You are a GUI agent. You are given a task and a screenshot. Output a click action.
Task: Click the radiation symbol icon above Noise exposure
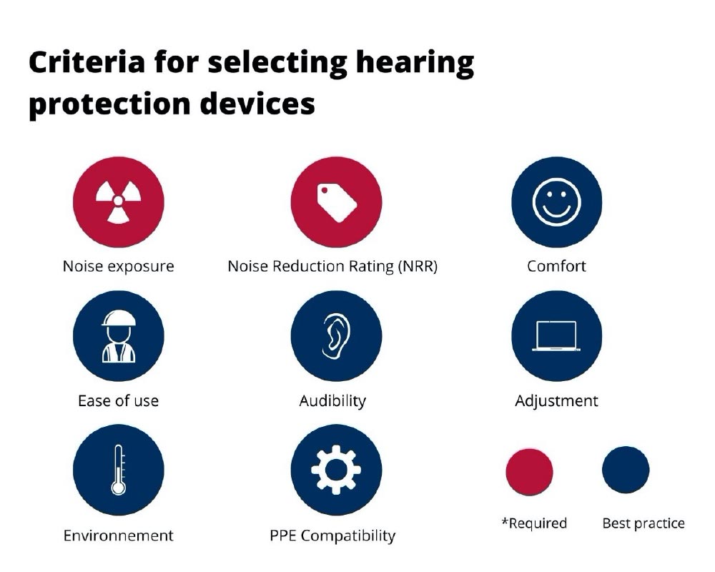pyautogui.click(x=118, y=202)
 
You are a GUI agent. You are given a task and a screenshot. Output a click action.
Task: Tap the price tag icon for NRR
pyautogui.click(x=337, y=202)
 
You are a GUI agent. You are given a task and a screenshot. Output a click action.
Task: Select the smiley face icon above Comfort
pyautogui.click(x=556, y=202)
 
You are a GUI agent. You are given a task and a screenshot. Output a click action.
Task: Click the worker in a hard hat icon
pyautogui.click(x=118, y=336)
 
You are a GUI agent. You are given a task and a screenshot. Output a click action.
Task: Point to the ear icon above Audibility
pyautogui.click(x=337, y=336)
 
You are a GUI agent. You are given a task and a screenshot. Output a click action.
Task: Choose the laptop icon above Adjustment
pyautogui.click(x=556, y=336)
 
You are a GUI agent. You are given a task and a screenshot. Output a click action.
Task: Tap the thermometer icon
pyautogui.click(x=118, y=470)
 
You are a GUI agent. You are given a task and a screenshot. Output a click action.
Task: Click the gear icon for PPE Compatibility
pyautogui.click(x=336, y=470)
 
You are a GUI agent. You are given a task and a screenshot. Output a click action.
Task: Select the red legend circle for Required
pyautogui.click(x=529, y=472)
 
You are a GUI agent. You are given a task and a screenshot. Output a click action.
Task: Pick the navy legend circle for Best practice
pyautogui.click(x=626, y=470)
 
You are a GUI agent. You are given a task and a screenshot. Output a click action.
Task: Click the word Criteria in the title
pyautogui.click(x=87, y=62)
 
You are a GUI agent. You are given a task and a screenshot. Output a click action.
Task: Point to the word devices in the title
pyautogui.click(x=257, y=104)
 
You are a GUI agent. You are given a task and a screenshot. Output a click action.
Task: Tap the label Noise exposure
pyautogui.click(x=118, y=266)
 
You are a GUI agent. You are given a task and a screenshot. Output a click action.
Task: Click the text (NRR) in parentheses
pyautogui.click(x=418, y=266)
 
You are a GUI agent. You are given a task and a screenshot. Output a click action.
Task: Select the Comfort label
pyautogui.click(x=556, y=266)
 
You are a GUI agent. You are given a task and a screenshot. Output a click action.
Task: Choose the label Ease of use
pyautogui.click(x=118, y=400)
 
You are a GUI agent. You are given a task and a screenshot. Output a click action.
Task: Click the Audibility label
pyautogui.click(x=332, y=401)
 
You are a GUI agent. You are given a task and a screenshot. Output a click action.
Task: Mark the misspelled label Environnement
pyautogui.click(x=118, y=535)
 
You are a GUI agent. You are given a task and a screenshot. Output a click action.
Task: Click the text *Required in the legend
pyautogui.click(x=534, y=523)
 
